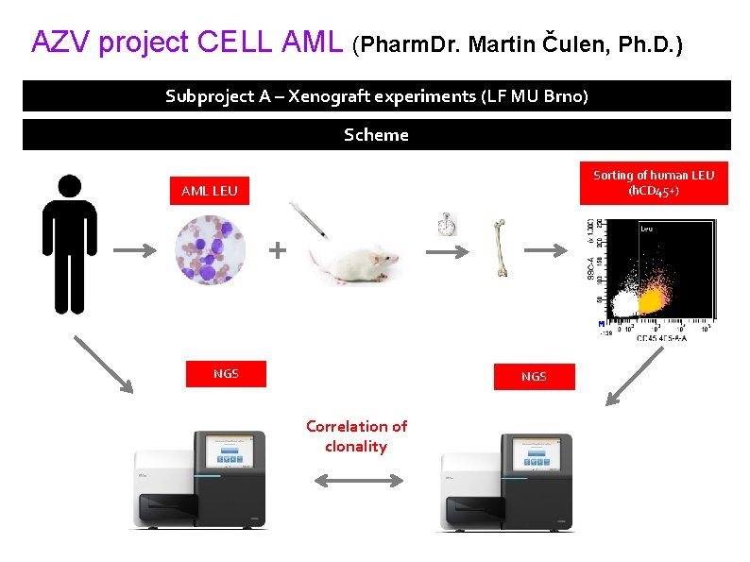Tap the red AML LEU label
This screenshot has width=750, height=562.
209,192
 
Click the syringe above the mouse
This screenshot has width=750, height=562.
311,219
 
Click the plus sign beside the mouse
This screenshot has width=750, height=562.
277,250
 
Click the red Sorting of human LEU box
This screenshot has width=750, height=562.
654,183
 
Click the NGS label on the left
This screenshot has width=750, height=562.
226,374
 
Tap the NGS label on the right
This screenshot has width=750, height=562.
533,377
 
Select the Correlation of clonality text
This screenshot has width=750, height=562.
356,436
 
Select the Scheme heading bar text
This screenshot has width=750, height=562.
376,134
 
